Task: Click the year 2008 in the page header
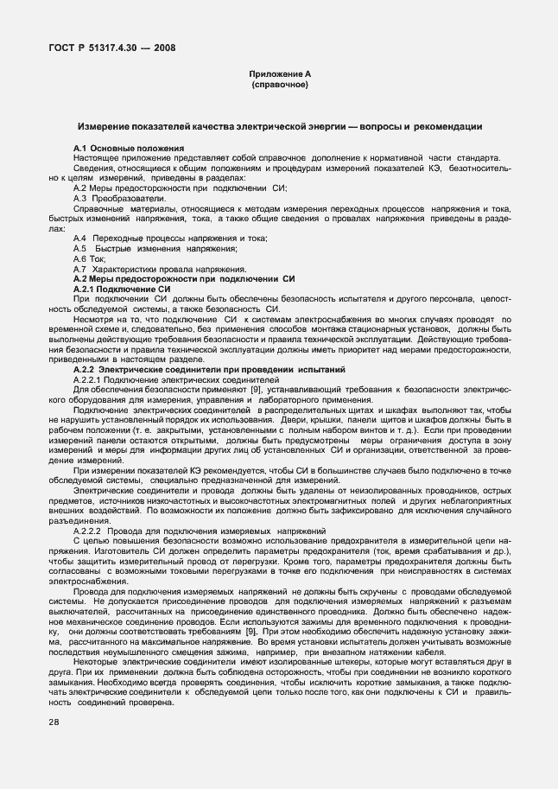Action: pos(161,48)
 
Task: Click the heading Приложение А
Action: pos(278,75)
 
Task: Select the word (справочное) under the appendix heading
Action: pos(278,86)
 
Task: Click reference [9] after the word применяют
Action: pos(256,390)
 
